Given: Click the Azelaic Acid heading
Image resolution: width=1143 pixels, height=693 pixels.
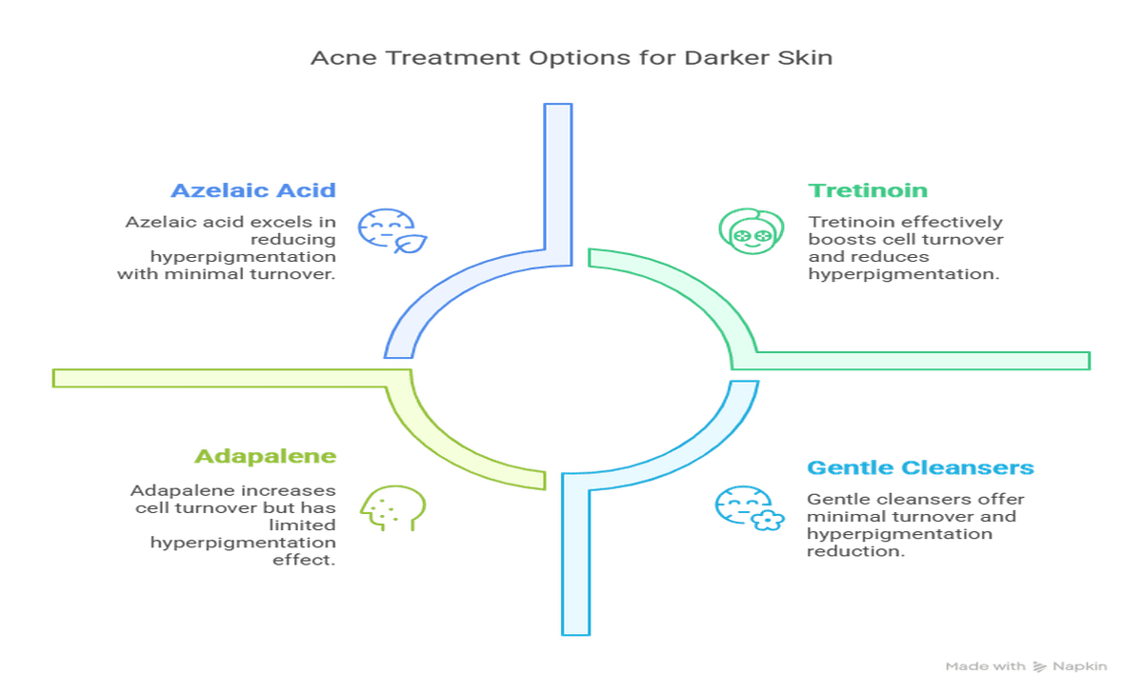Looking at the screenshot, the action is [253, 190].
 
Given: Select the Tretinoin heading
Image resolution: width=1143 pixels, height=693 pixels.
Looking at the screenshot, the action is [868, 190].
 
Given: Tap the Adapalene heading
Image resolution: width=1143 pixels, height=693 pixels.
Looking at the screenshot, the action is [266, 456].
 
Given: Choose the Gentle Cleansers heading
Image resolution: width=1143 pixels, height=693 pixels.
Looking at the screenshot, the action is [920, 467].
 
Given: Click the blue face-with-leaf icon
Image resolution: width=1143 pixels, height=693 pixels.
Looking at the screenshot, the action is [391, 231].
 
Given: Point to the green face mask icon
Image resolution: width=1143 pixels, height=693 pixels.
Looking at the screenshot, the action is [752, 231].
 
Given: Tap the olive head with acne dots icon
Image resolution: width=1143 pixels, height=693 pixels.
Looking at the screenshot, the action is [392, 508].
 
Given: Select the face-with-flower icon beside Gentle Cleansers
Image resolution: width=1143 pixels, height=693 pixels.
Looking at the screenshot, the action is [750, 508].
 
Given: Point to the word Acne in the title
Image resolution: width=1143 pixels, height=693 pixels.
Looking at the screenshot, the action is [344, 58].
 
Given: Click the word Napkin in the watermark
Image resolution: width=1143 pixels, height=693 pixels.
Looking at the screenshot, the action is [1080, 666].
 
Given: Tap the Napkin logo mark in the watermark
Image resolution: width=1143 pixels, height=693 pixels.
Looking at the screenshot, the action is [1040, 666].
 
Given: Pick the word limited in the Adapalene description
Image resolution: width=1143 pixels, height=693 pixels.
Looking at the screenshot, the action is [302, 525].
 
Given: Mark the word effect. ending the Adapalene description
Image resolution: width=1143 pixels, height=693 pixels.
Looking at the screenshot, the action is [304, 560].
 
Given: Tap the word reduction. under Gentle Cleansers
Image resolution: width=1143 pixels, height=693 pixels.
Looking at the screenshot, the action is [855, 551].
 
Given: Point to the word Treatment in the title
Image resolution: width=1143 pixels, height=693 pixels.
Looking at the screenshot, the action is [453, 58].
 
